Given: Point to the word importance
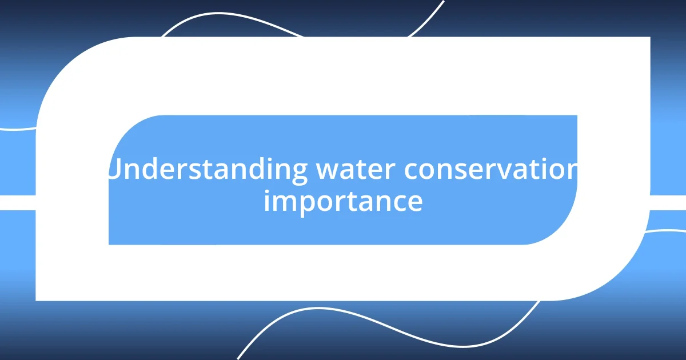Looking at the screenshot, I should point(343,201).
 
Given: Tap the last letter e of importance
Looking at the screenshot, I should point(416,202).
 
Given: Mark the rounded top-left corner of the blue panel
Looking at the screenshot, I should point(123,129).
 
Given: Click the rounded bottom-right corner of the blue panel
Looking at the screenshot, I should point(563,231).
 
